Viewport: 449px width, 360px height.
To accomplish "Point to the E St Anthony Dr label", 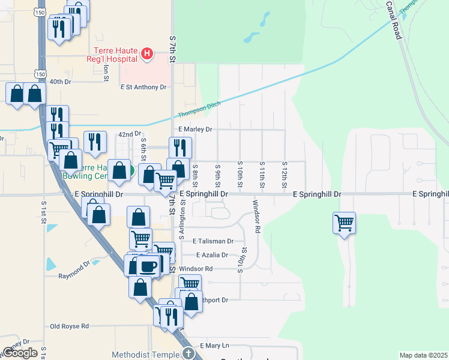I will [x=143, y=87].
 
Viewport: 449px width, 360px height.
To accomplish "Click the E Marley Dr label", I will [x=195, y=129].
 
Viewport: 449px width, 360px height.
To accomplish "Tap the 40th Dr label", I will [x=60, y=82].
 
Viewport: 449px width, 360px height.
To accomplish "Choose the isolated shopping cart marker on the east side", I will [x=345, y=223].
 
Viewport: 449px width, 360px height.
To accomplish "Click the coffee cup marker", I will [x=148, y=265].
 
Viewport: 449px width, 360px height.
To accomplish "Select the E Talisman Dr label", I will [x=213, y=241].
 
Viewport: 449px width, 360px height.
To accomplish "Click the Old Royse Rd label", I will [x=69, y=326].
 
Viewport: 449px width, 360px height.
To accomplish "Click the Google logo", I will [x=20, y=353].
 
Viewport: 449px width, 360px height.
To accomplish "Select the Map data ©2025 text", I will [x=423, y=355].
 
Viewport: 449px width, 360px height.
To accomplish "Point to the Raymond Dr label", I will [x=74, y=276].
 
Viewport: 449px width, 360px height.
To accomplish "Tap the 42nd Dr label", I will [x=129, y=134].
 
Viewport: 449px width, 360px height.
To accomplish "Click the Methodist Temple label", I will [x=146, y=355].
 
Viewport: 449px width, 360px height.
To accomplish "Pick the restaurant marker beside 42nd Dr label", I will [x=95, y=142].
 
